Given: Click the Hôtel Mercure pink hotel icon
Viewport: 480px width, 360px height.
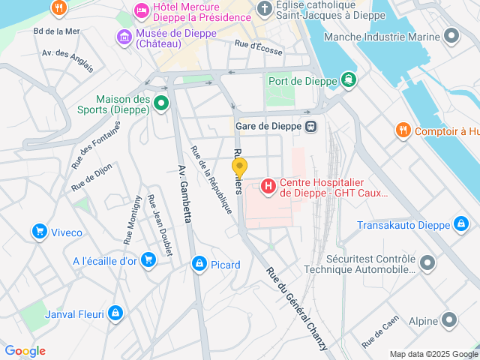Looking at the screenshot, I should [140, 10].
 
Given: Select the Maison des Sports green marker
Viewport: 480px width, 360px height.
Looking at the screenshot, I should [161, 103].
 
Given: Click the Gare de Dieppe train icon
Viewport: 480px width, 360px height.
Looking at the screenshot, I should [310, 126].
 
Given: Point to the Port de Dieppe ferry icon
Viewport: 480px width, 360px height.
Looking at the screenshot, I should [348, 79].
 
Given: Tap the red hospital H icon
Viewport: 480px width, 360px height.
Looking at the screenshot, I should [268, 184].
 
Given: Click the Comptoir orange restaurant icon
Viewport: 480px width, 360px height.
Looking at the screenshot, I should [403, 130].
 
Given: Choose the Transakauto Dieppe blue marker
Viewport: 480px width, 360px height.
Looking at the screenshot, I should [461, 224].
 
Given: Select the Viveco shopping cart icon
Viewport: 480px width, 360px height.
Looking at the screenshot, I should [39, 232].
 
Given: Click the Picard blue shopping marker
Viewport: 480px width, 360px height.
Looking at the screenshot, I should [199, 264].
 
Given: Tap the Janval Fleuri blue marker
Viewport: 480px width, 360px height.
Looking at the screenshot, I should [115, 313].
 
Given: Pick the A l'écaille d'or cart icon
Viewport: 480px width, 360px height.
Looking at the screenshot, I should [148, 260].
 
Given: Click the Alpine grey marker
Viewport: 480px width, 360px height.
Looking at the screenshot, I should [449, 320].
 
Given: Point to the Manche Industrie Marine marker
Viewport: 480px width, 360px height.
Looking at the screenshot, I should [451, 36].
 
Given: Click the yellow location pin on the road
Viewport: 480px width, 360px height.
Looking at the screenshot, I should [239, 166].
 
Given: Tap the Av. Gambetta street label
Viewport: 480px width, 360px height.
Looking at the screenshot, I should [185, 193].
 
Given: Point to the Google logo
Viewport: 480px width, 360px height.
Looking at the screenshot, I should [25, 351].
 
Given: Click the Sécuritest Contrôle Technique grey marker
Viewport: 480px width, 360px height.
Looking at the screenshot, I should [427, 262].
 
